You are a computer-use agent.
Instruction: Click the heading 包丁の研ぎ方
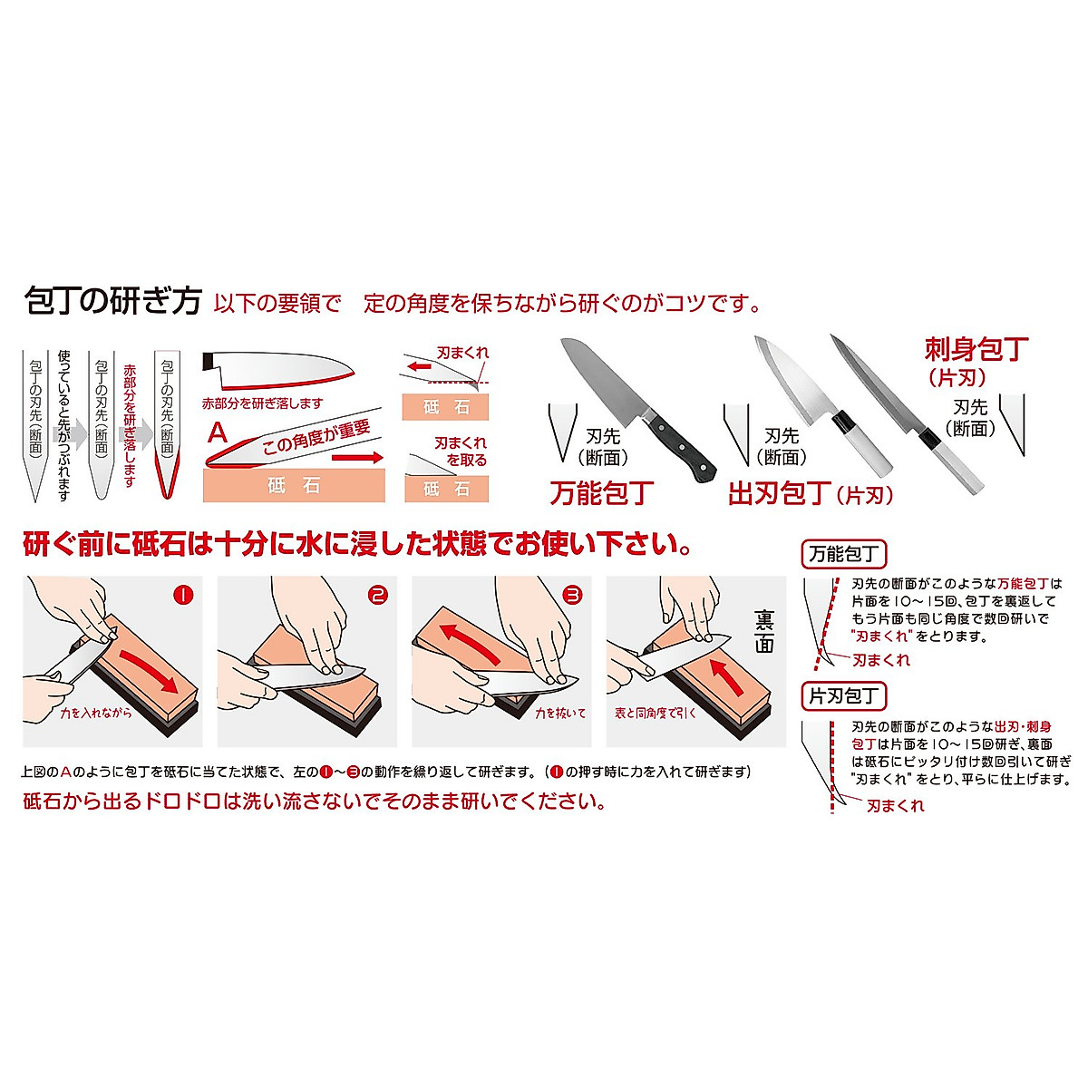(112, 301)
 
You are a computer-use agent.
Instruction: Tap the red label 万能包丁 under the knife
(601, 492)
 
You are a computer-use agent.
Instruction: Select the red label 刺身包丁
(976, 348)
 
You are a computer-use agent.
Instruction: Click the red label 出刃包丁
(780, 492)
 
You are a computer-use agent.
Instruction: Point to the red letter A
(218, 432)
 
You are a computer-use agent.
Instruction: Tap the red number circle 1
(183, 595)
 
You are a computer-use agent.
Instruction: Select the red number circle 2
(378, 595)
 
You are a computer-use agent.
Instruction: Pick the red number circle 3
(572, 595)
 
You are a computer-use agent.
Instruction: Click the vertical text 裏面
(763, 631)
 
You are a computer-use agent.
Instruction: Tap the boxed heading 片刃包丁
(844, 696)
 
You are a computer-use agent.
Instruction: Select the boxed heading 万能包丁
(844, 554)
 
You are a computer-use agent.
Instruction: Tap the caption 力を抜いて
(559, 714)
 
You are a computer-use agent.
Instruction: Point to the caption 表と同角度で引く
(656, 714)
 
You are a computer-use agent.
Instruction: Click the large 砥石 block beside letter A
(294, 486)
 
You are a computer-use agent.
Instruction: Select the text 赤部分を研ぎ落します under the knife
(262, 403)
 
